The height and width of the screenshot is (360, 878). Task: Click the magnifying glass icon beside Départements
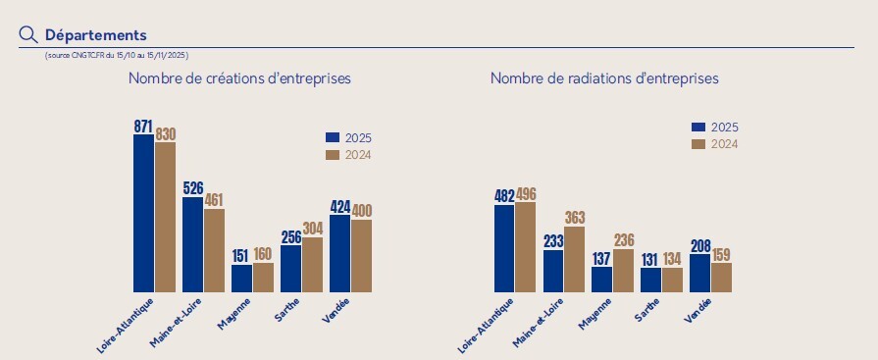click(x=28, y=34)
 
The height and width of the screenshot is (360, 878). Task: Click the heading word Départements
click(x=95, y=35)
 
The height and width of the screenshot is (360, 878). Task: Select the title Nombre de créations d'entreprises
click(x=239, y=77)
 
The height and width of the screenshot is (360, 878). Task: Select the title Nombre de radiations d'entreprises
click(x=604, y=77)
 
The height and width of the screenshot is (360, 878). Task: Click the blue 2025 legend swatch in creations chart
click(x=332, y=138)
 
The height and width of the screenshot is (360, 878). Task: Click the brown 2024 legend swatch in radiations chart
click(x=698, y=144)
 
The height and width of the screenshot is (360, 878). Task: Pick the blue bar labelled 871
click(x=143, y=213)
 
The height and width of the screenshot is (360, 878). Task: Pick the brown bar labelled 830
click(x=165, y=217)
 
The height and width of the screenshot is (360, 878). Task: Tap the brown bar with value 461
click(x=214, y=250)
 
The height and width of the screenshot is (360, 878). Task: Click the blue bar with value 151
click(x=241, y=278)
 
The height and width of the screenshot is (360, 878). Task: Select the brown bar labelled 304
click(x=312, y=264)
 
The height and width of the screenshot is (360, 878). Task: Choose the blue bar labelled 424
click(x=339, y=253)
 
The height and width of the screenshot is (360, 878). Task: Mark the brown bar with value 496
click(x=526, y=247)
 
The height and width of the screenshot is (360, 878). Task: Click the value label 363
click(x=575, y=218)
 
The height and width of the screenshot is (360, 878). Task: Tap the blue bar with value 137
click(x=601, y=280)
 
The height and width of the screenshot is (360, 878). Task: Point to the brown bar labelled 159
click(x=721, y=277)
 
